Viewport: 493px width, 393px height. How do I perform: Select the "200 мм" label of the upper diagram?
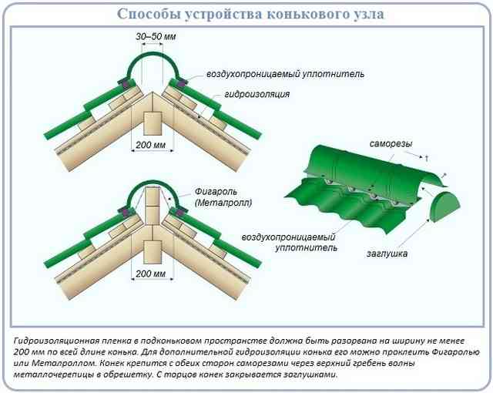click(151, 145)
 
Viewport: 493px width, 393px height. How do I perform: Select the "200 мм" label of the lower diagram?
click(151, 274)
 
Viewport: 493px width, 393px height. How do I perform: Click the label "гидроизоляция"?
click(257, 94)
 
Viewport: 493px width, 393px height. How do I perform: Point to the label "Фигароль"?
click(216, 191)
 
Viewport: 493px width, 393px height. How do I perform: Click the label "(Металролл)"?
click(223, 203)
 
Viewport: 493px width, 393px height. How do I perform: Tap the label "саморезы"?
click(391, 144)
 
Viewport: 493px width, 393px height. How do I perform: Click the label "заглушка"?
click(387, 254)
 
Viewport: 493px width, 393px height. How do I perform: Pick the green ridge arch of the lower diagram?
click(153, 183)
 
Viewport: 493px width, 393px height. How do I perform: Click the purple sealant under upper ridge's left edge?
click(129, 84)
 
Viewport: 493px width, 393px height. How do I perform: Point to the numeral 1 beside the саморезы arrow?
click(426, 159)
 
